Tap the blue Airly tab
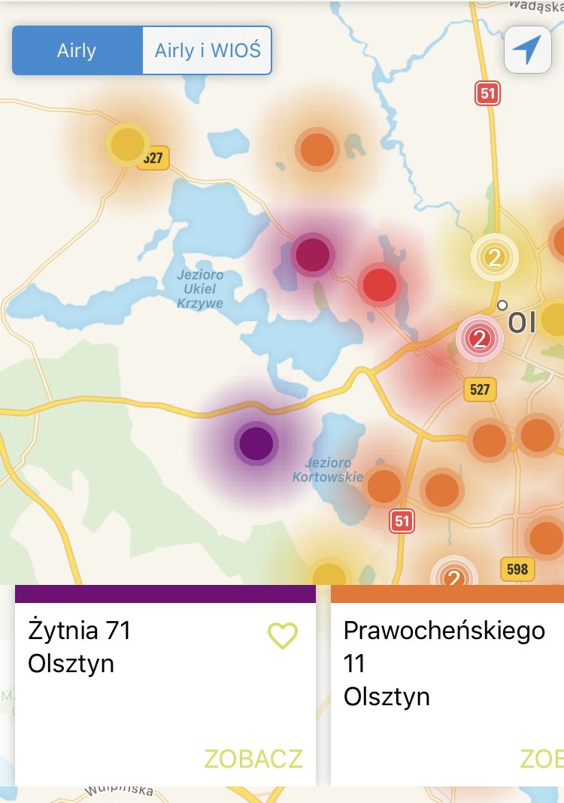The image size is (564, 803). (77, 50)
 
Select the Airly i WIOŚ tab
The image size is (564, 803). (207, 50)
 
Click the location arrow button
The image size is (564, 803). (527, 50)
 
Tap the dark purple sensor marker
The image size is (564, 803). (256, 443)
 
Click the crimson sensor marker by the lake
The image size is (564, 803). (313, 254)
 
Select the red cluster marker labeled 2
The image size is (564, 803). (478, 339)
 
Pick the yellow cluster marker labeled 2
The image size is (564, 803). (494, 258)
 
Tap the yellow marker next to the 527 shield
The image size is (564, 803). (127, 144)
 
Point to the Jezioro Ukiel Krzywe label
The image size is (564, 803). (200, 289)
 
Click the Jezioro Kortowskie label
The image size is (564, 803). (328, 470)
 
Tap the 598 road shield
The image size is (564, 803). (517, 569)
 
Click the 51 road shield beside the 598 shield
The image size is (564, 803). (402, 520)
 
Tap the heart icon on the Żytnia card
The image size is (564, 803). (283, 636)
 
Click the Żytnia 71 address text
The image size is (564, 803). (79, 630)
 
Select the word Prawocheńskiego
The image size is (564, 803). (444, 630)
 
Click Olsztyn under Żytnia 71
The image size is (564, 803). (71, 664)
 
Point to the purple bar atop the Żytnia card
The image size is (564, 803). (165, 593)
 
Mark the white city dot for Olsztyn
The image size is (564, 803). (502, 305)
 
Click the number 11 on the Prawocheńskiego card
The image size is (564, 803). (354, 663)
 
